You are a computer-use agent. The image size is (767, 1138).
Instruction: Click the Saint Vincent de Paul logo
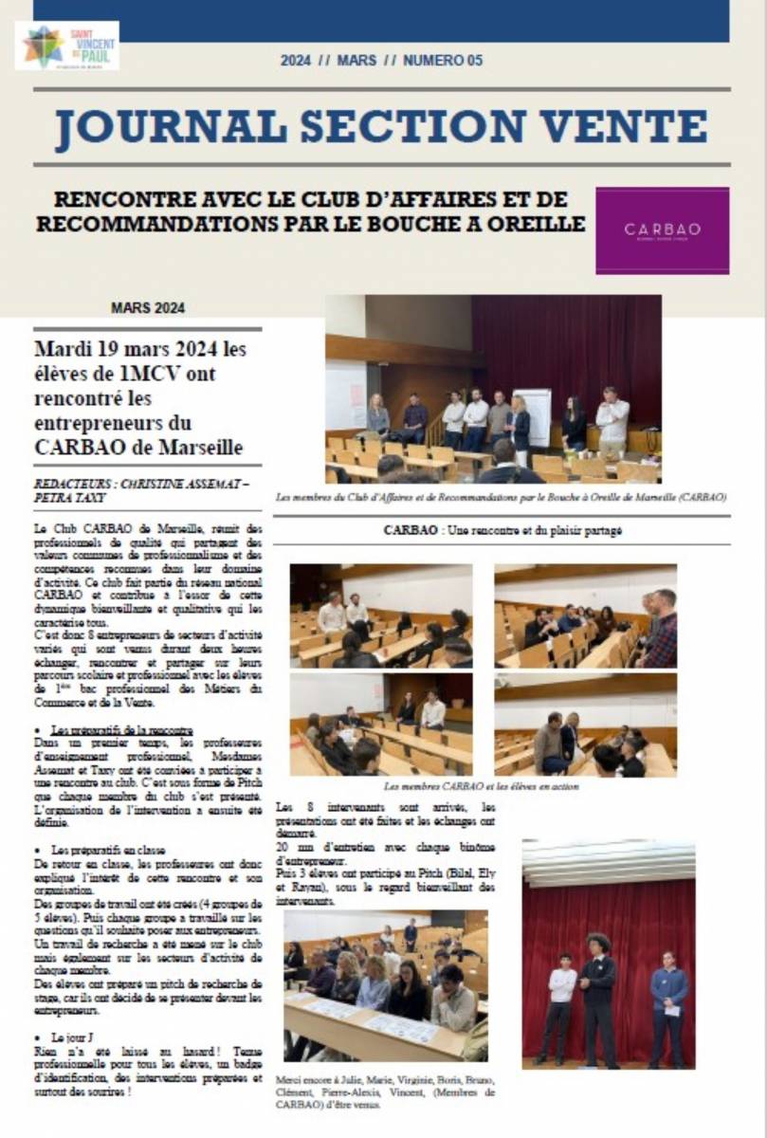click(x=66, y=45)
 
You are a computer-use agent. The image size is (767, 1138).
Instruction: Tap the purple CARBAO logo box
click(x=662, y=230)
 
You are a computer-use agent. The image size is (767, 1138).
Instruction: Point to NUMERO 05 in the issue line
click(x=443, y=61)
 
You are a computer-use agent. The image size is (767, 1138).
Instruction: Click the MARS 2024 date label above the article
click(x=147, y=307)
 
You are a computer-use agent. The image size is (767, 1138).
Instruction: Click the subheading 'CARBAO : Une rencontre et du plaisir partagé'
click(x=502, y=531)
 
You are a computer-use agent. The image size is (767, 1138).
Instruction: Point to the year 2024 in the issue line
click(x=296, y=61)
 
